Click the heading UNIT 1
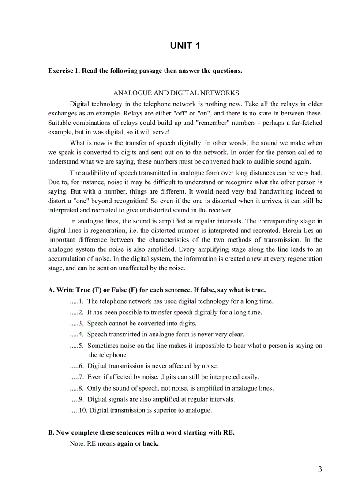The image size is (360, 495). pos(185,46)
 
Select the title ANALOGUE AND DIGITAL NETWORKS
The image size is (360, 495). pos(176,93)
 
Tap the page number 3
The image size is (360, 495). pos(320,469)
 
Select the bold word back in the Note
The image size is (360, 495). pos(150,444)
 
